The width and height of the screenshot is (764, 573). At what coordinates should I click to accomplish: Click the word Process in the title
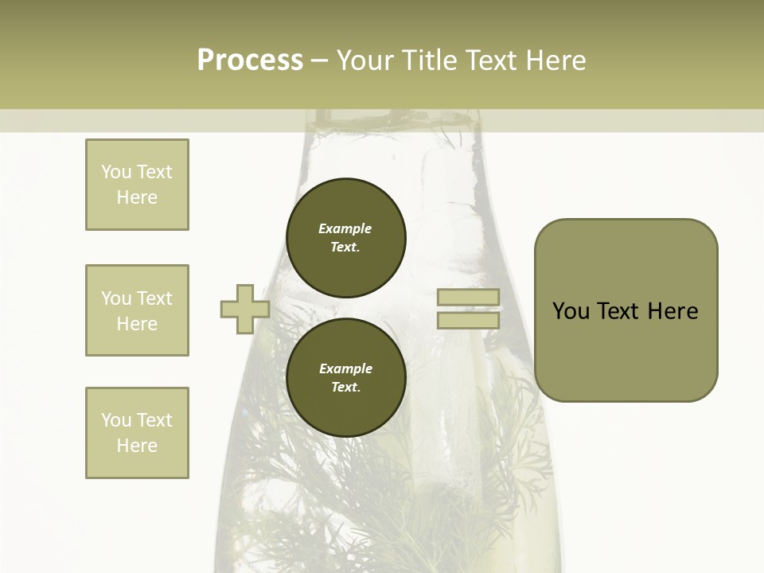[x=250, y=60]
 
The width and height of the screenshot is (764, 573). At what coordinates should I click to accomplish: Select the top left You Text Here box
[x=137, y=185]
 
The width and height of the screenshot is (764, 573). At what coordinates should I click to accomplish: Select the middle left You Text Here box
[x=137, y=310]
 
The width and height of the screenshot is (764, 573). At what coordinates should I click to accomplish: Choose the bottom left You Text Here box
[x=137, y=433]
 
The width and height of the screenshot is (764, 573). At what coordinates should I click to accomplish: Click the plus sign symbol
[x=244, y=310]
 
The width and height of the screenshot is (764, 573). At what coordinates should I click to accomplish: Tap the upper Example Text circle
[x=345, y=238]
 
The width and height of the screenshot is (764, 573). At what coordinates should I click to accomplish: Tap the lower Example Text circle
[x=345, y=378]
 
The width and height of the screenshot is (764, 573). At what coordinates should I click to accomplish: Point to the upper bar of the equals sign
[x=468, y=298]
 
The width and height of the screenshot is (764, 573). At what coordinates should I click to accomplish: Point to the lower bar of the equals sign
[x=468, y=321]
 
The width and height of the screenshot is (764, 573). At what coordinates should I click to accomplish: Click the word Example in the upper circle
[x=345, y=228]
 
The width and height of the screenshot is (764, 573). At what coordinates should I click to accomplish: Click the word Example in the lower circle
[x=345, y=368]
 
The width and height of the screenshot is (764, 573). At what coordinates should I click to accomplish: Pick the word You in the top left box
[x=116, y=172]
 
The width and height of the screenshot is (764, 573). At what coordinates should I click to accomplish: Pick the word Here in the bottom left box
[x=137, y=446]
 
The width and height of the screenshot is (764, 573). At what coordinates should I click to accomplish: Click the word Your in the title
[x=367, y=60]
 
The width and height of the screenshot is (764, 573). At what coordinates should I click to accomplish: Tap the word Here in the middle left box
[x=137, y=324]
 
